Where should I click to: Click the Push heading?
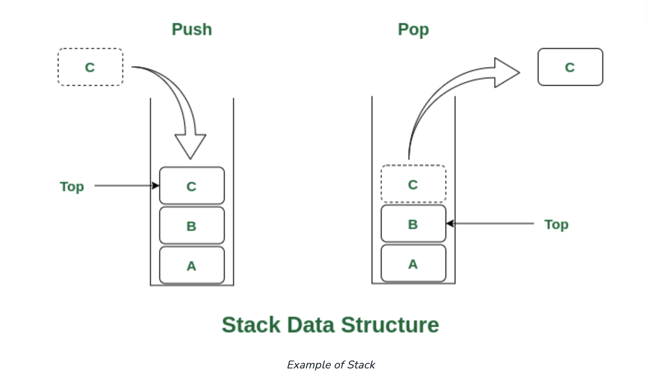click(192, 30)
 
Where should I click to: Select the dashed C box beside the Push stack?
click(90, 67)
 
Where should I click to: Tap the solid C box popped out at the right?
click(570, 67)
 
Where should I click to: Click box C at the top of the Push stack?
click(192, 186)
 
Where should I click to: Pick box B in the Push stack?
click(192, 225)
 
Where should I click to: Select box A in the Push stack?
click(192, 265)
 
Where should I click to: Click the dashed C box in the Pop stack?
click(414, 183)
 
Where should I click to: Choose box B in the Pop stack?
click(414, 223)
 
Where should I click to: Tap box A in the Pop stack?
click(414, 263)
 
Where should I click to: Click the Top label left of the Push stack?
click(72, 187)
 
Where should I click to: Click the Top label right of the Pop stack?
click(556, 225)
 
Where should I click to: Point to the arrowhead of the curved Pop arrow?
click(520, 72)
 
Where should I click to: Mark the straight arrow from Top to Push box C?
click(127, 186)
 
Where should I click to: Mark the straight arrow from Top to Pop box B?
click(490, 223)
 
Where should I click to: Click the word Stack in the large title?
click(251, 325)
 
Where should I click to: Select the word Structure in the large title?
click(390, 325)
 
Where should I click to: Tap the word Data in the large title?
click(311, 325)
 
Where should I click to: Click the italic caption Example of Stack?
click(331, 365)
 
